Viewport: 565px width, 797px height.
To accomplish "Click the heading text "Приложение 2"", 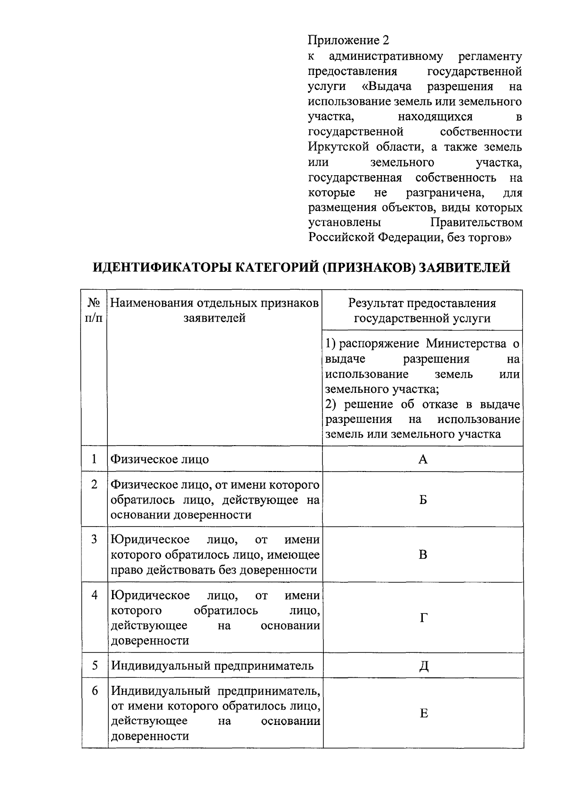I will click(x=348, y=41).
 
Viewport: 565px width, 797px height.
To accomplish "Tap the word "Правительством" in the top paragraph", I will click(x=476, y=222).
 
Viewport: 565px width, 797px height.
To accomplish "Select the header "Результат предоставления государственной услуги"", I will click(x=422, y=311).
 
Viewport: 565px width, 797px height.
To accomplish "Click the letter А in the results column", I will click(x=423, y=459).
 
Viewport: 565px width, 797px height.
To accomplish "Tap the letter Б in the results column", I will click(x=423, y=500).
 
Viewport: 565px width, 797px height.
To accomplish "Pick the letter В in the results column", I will click(x=423, y=555).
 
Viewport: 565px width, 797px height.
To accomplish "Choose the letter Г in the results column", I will click(x=423, y=618).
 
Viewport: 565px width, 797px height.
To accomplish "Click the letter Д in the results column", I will click(x=423, y=666).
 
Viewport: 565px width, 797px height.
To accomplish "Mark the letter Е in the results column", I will click(x=423, y=714).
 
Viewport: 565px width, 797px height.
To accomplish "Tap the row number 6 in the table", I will click(x=95, y=691).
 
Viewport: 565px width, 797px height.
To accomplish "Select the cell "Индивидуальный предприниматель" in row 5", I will click(x=212, y=666).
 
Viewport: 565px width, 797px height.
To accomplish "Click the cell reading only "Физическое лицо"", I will click(x=160, y=459).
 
